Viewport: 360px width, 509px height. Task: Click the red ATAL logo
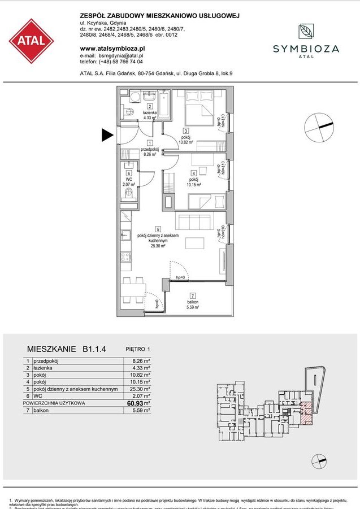point(32,41)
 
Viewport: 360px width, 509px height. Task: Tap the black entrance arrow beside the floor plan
point(107,135)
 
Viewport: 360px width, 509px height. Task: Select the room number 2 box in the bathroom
point(150,106)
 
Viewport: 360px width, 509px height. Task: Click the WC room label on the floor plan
point(129,180)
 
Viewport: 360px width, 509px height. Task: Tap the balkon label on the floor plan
point(192,303)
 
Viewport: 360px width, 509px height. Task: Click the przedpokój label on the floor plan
point(149,149)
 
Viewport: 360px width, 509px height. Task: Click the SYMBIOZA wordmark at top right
point(306,49)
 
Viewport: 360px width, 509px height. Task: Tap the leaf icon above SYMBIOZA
point(306,32)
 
